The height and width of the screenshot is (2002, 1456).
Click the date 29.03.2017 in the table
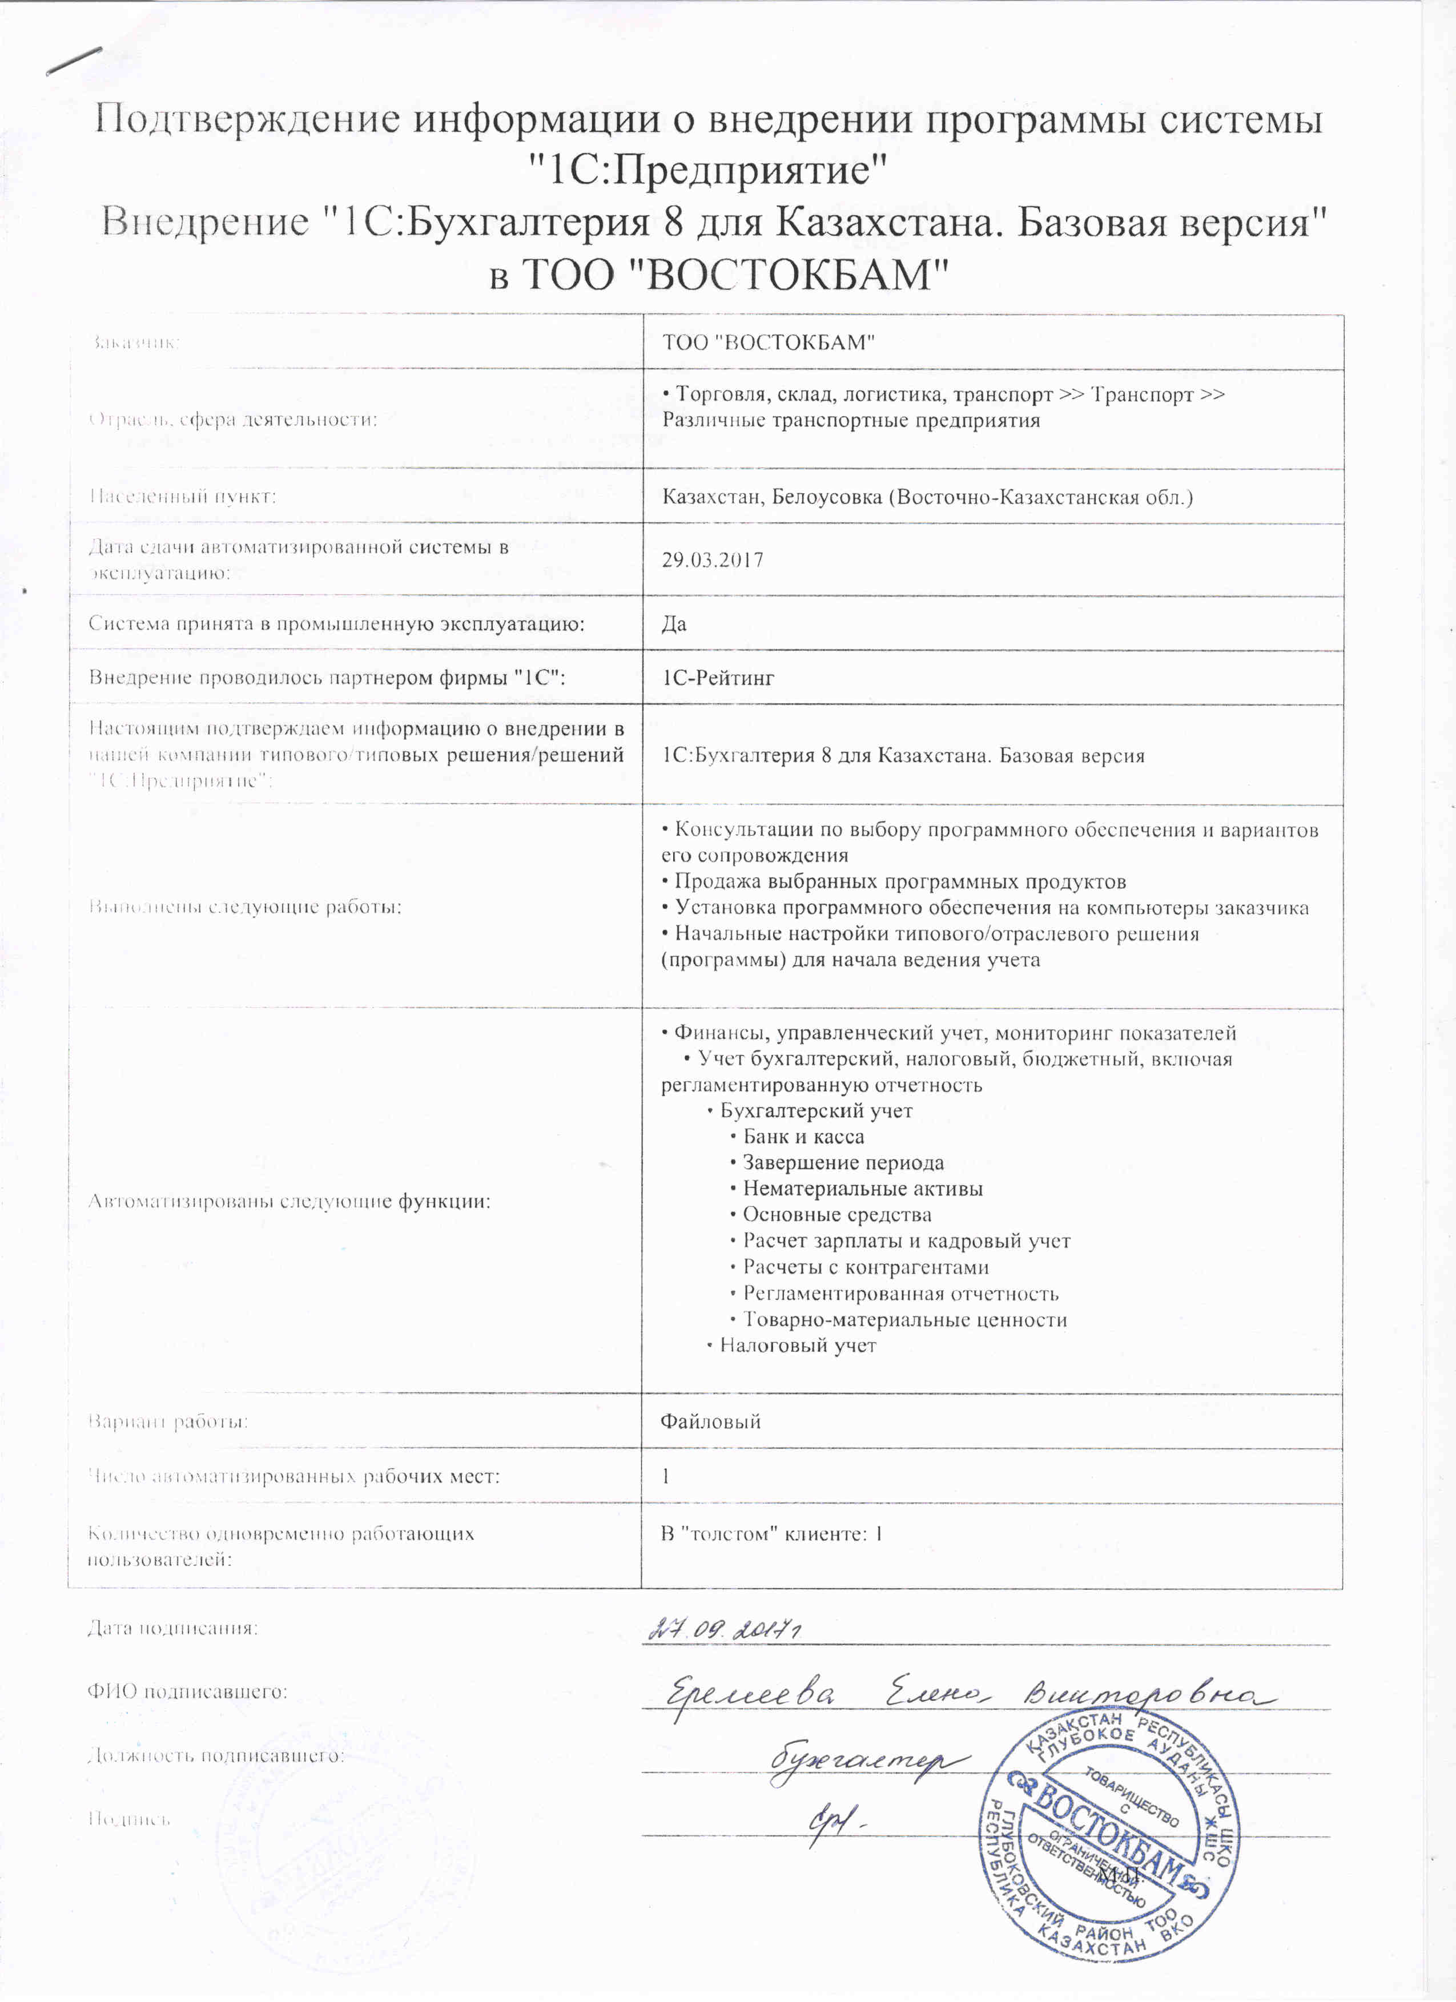click(713, 559)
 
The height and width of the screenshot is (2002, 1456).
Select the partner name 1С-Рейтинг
click(718, 678)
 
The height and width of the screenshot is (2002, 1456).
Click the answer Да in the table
click(674, 624)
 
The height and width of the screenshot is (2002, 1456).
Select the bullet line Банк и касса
click(803, 1137)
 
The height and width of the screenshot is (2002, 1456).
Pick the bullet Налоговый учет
click(797, 1346)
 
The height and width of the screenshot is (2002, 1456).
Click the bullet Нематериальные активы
click(862, 1189)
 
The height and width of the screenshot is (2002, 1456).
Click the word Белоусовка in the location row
click(826, 497)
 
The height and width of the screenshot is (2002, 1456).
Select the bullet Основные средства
click(836, 1215)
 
